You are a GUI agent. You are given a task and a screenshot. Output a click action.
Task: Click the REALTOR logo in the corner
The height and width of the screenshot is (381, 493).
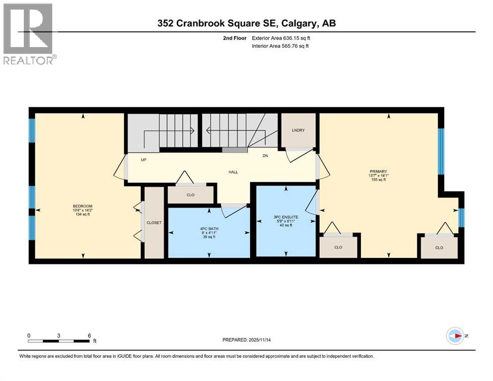tap(29, 34)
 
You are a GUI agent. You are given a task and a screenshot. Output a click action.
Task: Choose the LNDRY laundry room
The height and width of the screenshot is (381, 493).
tap(298, 130)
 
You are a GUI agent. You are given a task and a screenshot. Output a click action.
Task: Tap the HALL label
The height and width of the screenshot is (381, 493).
tap(233, 172)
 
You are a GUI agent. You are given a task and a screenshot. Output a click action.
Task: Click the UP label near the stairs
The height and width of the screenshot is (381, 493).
tap(143, 160)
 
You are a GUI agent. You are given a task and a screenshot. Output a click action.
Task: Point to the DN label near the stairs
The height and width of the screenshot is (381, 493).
tap(266, 156)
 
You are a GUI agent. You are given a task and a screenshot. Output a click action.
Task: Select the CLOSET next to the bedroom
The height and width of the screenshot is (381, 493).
tap(154, 223)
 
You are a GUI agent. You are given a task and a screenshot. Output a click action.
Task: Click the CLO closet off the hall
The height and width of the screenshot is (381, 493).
tap(190, 195)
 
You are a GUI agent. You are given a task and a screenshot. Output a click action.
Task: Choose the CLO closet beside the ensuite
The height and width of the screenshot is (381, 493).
tap(338, 247)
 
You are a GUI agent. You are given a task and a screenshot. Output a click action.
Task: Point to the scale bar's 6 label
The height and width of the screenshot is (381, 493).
tap(89, 335)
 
